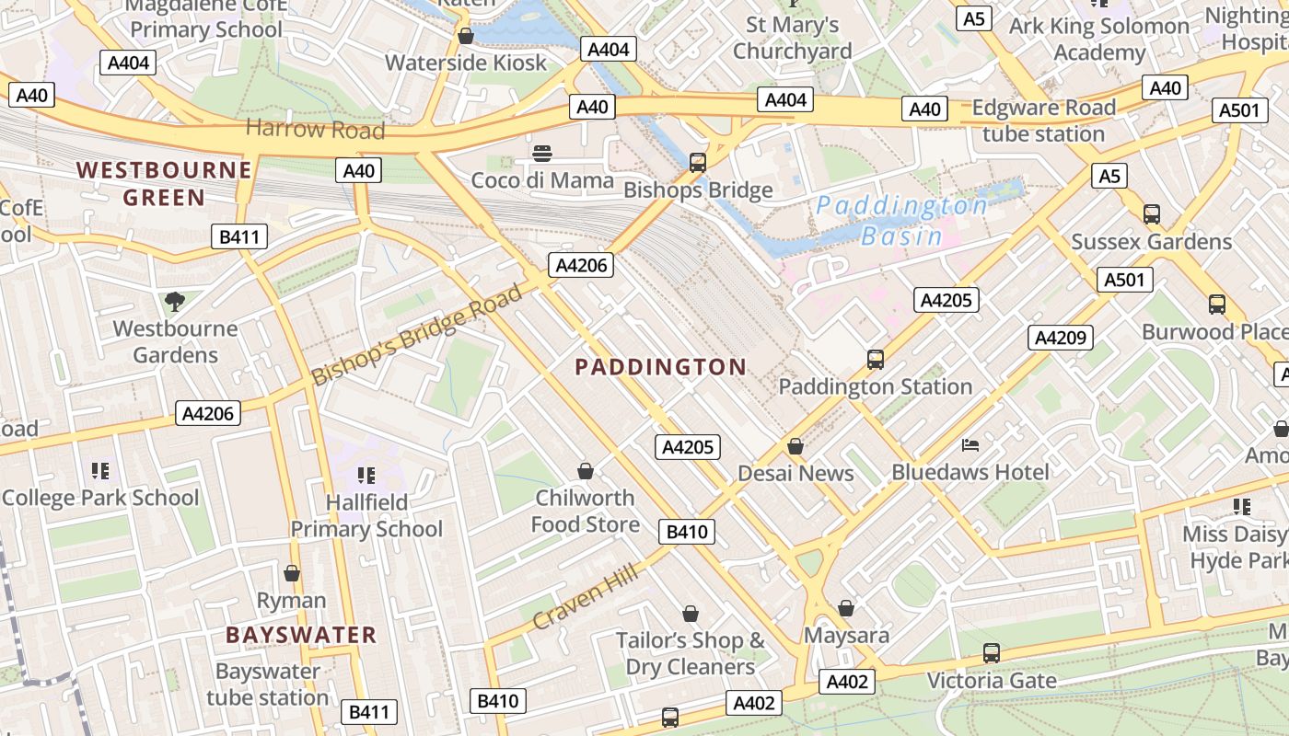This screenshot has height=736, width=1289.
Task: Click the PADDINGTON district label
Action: click(x=660, y=367)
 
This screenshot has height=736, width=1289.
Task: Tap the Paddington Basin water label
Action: click(x=901, y=220)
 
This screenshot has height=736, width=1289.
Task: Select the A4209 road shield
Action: click(x=1060, y=338)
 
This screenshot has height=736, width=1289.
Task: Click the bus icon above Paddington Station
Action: click(x=875, y=360)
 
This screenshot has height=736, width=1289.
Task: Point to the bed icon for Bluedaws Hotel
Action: click(x=970, y=445)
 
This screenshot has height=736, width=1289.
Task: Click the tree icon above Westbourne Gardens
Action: click(x=174, y=301)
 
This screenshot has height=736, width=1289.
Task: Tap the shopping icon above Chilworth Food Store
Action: click(x=585, y=472)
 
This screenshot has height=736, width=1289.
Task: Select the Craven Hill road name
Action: click(x=585, y=598)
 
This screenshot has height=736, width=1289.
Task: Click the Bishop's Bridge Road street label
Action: click(x=416, y=335)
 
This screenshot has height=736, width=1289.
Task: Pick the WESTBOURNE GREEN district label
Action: click(x=164, y=183)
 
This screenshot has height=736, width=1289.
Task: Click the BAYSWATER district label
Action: click(x=301, y=635)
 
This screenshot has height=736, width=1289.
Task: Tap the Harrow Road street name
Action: click(x=315, y=129)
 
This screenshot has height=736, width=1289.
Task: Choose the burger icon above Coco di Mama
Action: click(x=542, y=153)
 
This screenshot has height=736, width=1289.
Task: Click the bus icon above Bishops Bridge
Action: click(x=698, y=163)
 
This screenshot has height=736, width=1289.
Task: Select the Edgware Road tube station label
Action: click(x=1043, y=121)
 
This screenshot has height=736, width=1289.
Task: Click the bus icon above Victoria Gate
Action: click(x=991, y=653)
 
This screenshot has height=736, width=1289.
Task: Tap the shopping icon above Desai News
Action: click(x=795, y=446)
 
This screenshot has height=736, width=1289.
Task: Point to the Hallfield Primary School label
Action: click(x=366, y=515)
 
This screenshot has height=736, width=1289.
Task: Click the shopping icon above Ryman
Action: click(x=292, y=573)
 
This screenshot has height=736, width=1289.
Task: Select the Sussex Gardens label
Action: click(x=1151, y=242)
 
